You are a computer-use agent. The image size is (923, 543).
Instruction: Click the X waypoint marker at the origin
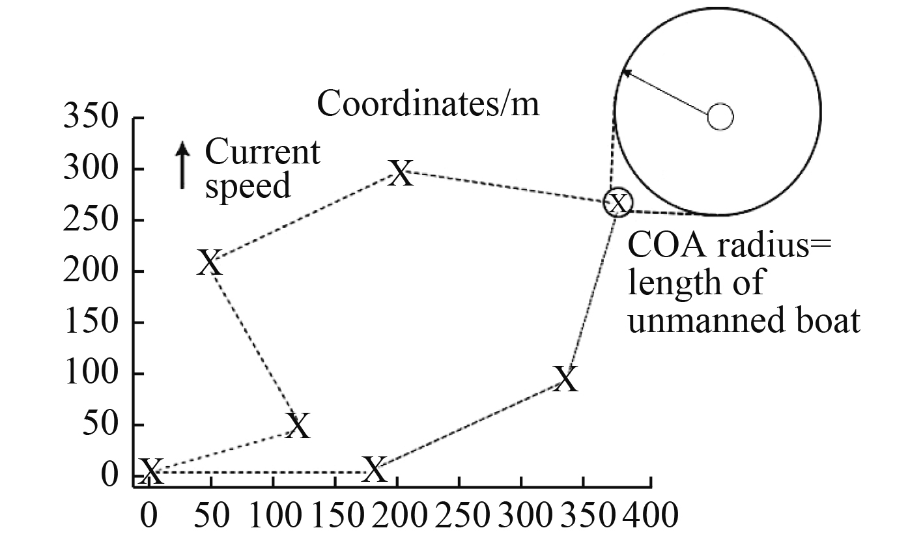(x=150, y=469)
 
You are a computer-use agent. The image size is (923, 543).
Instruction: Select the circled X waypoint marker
(x=618, y=202)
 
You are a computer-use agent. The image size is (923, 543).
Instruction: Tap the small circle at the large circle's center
(x=720, y=117)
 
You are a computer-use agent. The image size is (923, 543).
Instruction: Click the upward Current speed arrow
(x=183, y=166)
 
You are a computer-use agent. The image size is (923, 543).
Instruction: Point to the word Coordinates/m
(x=428, y=104)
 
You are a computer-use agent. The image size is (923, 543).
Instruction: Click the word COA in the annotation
(x=659, y=249)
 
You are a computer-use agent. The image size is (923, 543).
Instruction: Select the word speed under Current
(x=248, y=186)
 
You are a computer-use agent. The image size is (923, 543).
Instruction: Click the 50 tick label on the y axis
(x=103, y=425)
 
